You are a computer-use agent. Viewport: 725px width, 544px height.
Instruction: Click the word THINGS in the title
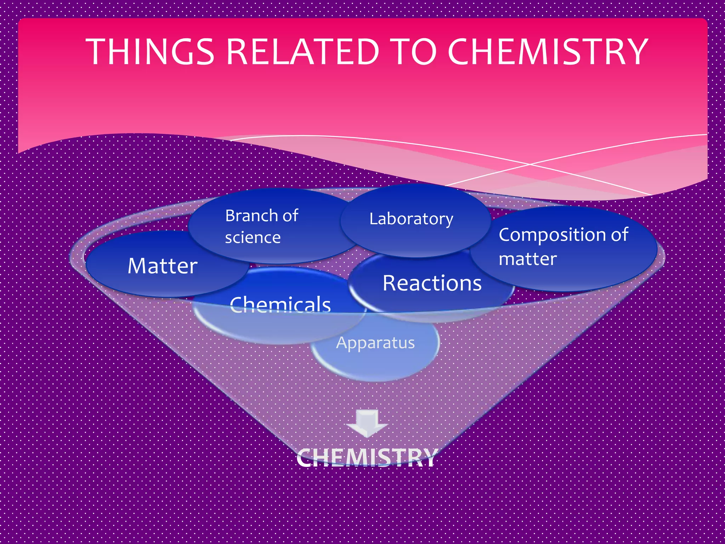pos(150,52)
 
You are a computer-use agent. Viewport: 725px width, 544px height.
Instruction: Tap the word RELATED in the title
pos(303,52)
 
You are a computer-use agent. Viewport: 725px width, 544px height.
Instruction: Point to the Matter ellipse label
pos(162,266)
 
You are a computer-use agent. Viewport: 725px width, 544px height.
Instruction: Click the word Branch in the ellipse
pos(252,216)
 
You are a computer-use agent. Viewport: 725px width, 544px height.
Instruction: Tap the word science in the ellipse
pos(253,238)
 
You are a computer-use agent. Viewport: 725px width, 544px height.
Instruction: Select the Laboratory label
pos(411,219)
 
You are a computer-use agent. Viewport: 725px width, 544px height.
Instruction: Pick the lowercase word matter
pos(527,259)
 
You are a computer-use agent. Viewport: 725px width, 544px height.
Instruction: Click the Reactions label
pos(432,283)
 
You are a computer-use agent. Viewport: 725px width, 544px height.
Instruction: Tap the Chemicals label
pos(280,304)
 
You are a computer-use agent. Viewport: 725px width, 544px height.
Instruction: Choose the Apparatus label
pos(375,343)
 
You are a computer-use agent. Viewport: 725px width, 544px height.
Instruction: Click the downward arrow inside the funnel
pos(367,423)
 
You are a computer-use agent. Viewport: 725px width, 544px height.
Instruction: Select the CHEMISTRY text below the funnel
pos(367,458)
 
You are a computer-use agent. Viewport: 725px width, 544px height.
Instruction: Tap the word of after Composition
pos(619,235)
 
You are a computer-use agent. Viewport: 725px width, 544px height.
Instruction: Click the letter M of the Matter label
pos(137,266)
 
